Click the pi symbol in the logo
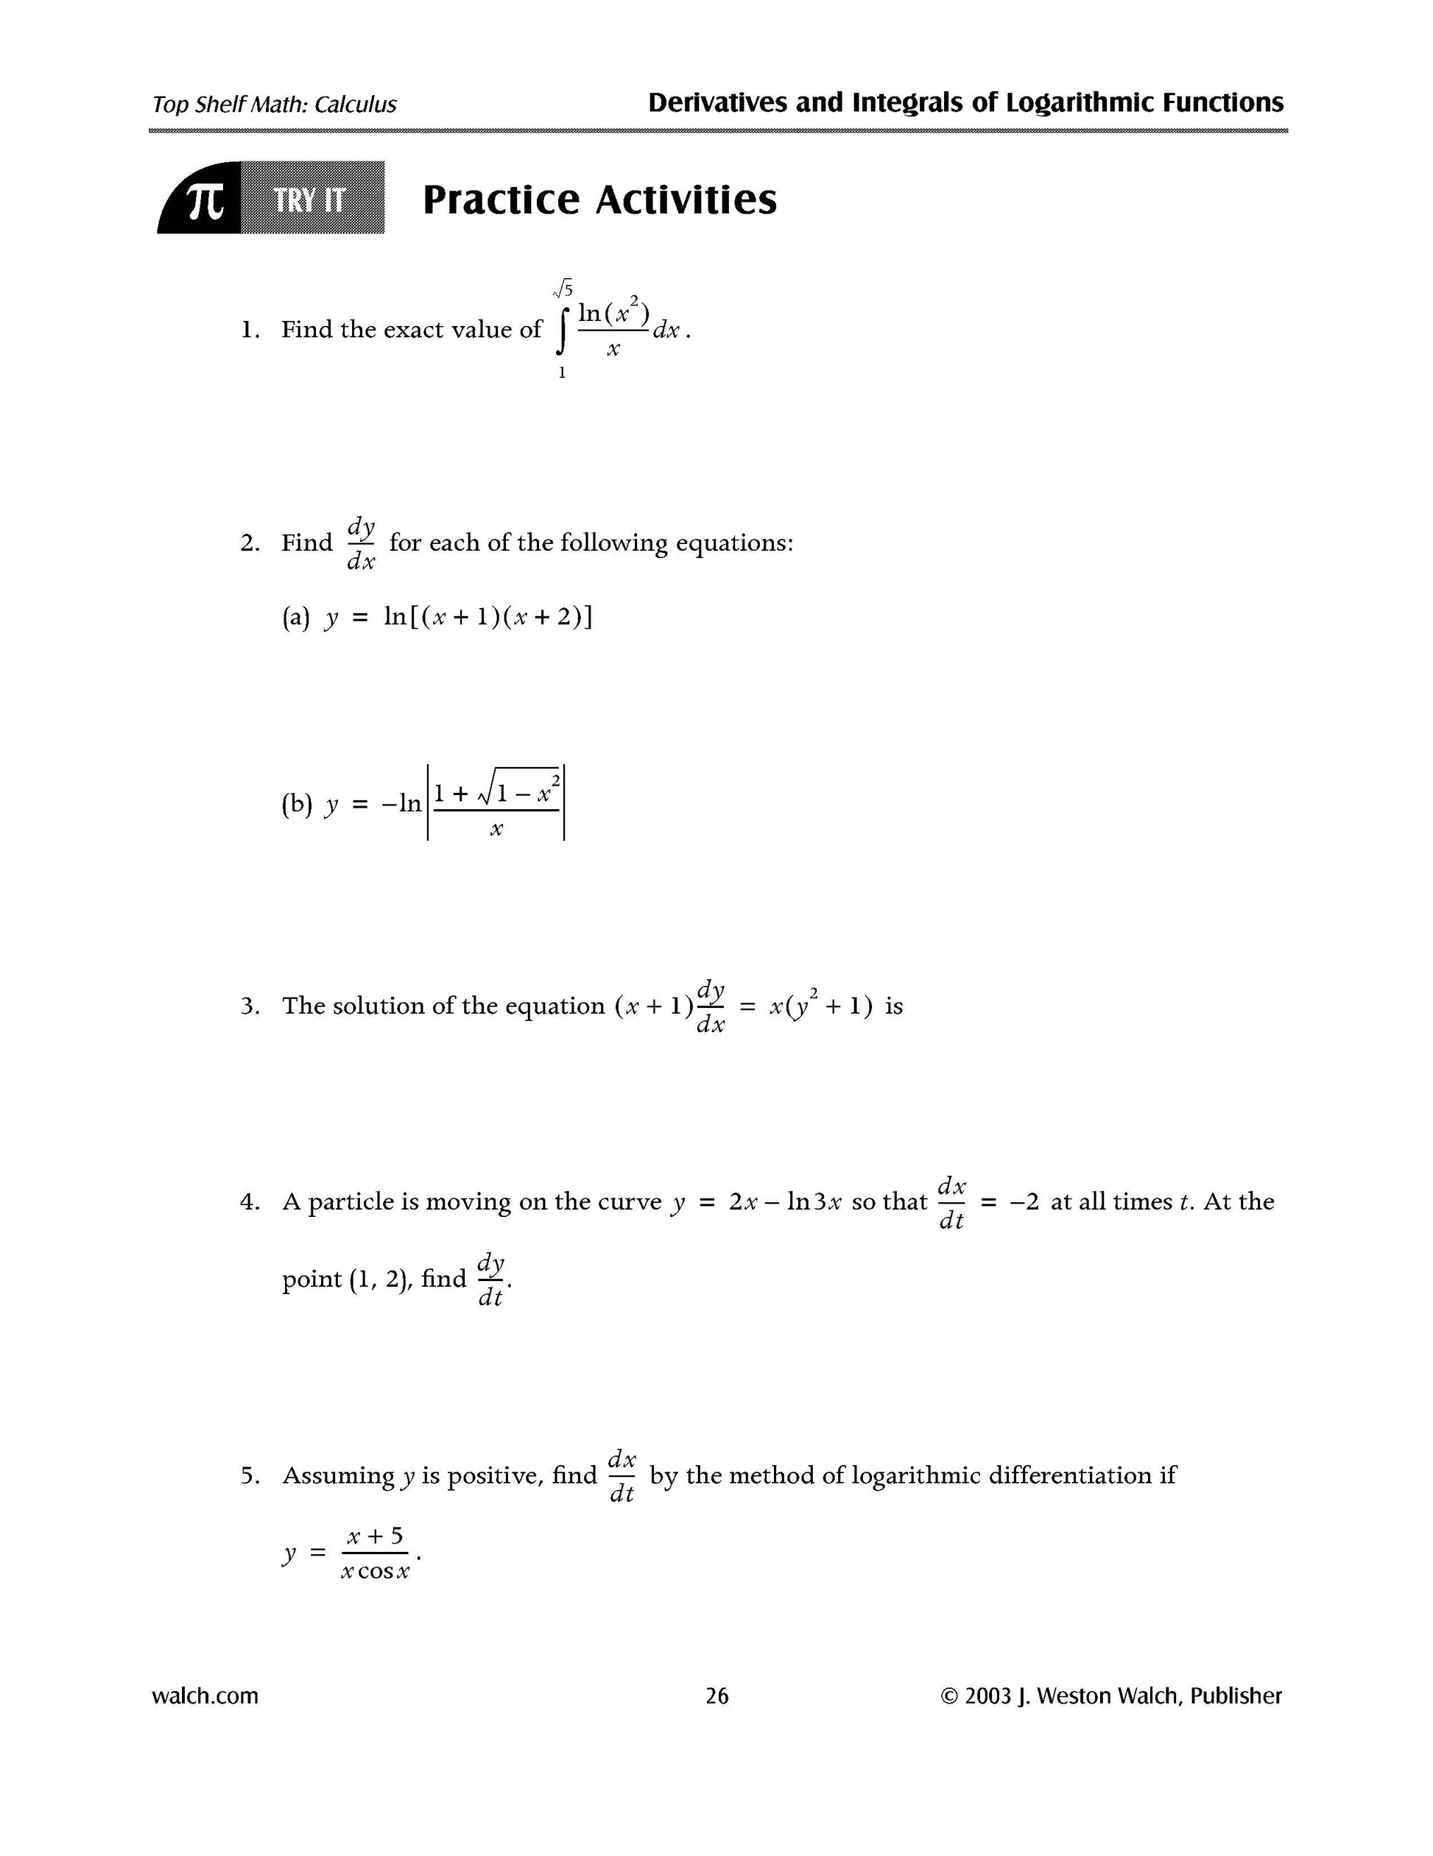tap(205, 200)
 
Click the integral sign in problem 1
tap(561, 330)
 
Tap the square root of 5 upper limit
tap(563, 291)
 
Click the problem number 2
tap(249, 543)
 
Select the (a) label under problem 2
tap(295, 617)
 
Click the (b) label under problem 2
tap(297, 804)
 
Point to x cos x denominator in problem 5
tap(375, 1572)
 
